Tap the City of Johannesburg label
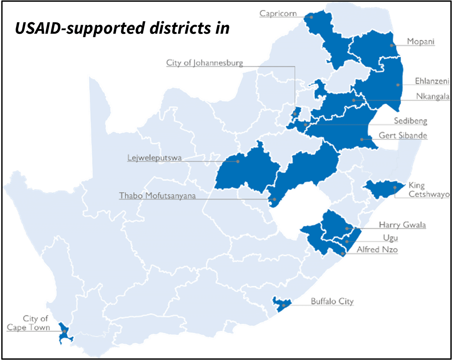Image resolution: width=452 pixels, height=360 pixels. (x=204, y=63)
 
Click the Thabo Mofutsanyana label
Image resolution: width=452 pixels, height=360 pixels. (x=157, y=196)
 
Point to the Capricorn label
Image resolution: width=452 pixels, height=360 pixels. (x=277, y=13)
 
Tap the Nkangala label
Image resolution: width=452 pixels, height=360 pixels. (x=432, y=96)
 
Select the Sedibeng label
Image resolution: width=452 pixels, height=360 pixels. (x=410, y=121)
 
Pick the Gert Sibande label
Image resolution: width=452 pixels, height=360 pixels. (x=403, y=136)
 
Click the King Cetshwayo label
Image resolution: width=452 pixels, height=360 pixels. (x=428, y=190)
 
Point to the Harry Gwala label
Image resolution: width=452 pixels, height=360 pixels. (x=402, y=225)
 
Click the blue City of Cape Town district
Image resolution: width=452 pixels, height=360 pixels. (x=65, y=333)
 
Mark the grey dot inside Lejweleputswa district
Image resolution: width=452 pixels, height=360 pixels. (x=238, y=161)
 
